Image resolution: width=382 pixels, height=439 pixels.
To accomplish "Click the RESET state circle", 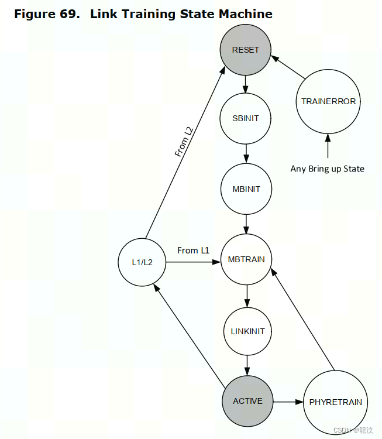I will point(246,50).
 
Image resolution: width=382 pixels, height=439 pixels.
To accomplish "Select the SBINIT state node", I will point(246,118).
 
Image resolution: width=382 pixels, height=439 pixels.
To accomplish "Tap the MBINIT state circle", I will point(246,189).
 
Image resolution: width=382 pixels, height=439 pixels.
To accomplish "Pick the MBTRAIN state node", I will point(246,259).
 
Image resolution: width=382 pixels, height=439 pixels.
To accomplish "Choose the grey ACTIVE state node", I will point(247,402).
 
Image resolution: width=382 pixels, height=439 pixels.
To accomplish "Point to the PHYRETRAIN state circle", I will point(335,402).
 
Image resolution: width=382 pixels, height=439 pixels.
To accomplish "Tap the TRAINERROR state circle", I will point(328,101).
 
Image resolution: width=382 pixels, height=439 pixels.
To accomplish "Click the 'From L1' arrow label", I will point(193,251).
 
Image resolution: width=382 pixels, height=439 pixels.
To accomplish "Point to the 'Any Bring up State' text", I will point(327,169).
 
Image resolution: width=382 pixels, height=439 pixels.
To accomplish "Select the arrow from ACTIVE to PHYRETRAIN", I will point(288,402).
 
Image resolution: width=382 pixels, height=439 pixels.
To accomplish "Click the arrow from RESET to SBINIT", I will point(246,84).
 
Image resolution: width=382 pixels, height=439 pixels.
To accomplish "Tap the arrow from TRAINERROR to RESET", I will point(288,68).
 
